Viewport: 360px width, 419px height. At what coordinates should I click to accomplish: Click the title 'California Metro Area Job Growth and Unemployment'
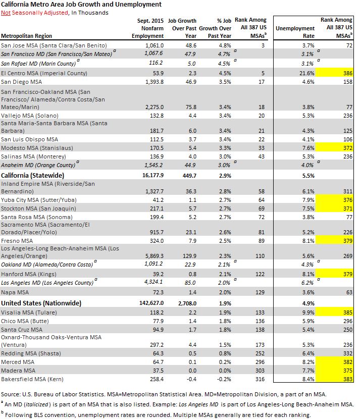coord(81,5)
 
